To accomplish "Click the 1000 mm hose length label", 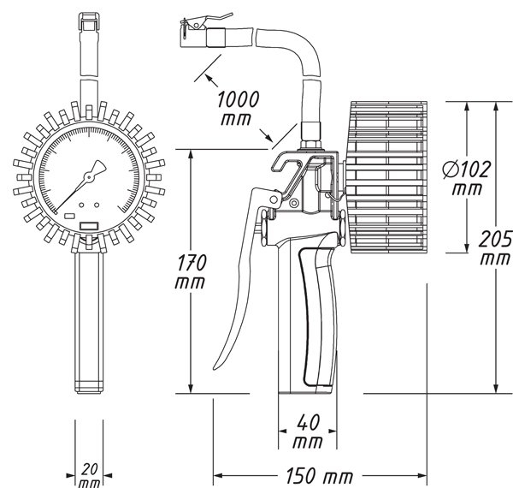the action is [x=239, y=109].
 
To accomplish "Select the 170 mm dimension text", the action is [x=191, y=272].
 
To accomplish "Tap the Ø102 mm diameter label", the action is [x=467, y=178].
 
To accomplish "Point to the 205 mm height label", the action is [x=495, y=247].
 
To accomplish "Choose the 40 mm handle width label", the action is [x=308, y=431].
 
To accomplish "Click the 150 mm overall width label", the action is [x=320, y=475].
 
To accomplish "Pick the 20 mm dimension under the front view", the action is [x=89, y=475].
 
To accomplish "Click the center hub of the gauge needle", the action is [x=89, y=177].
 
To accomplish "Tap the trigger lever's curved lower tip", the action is [x=216, y=367].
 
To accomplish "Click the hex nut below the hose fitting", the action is [x=311, y=145].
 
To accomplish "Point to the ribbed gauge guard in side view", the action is [x=387, y=177].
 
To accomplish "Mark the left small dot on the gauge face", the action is [x=81, y=205].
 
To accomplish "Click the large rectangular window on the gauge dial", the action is [x=89, y=226].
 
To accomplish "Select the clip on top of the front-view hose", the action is [x=89, y=22].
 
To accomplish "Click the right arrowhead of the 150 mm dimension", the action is [x=422, y=475].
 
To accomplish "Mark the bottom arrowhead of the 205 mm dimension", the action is [x=496, y=388].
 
